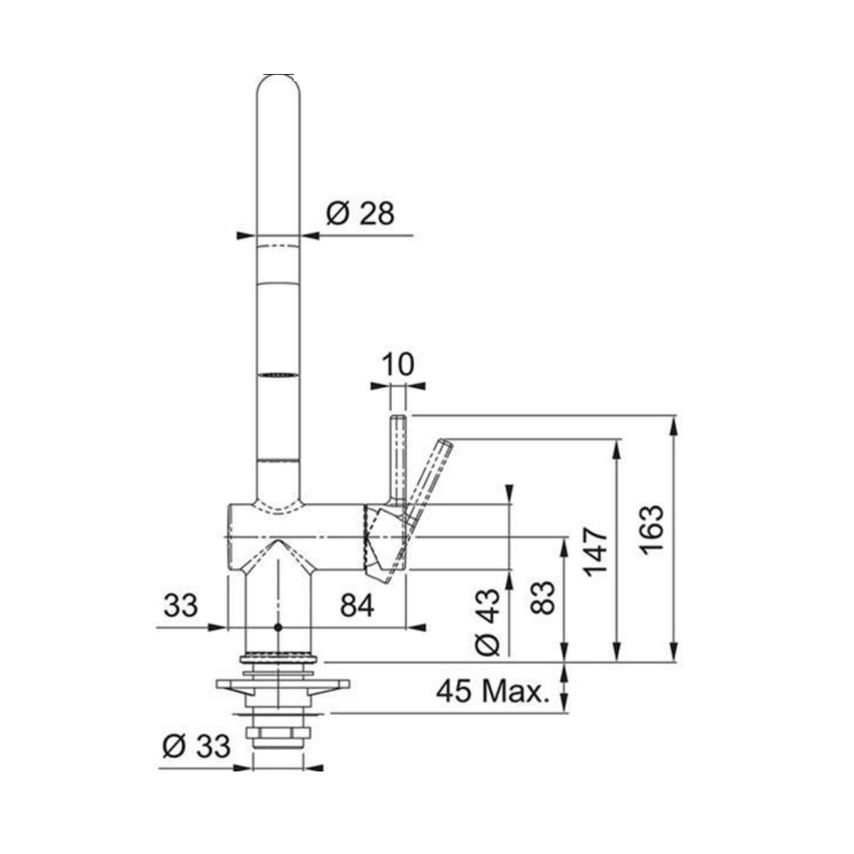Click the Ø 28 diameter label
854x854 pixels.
click(x=360, y=214)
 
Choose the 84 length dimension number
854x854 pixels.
click(x=357, y=606)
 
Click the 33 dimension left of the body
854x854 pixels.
click(x=180, y=606)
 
